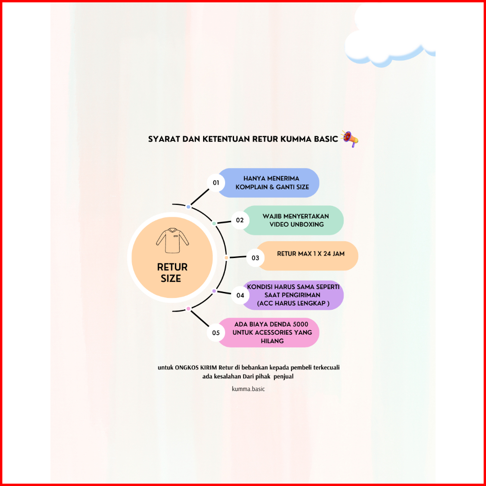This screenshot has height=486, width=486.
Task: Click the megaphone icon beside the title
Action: (x=349, y=139)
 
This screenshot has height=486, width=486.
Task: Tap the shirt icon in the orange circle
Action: (x=172, y=241)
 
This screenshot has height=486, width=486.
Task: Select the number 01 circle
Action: (x=216, y=182)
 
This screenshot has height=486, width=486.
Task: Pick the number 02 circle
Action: (x=240, y=220)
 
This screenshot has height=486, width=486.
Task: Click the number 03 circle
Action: (x=255, y=258)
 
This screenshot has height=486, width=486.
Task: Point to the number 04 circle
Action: (x=240, y=295)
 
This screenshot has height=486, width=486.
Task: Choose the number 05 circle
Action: (x=216, y=333)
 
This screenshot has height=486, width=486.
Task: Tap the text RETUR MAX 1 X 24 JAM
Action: (x=311, y=253)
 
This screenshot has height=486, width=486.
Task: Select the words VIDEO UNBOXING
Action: (x=297, y=224)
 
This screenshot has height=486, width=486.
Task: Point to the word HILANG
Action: (x=272, y=341)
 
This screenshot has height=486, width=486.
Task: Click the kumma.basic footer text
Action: (x=248, y=389)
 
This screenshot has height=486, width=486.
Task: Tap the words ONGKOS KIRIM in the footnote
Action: (x=196, y=368)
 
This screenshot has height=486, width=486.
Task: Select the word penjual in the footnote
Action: (x=283, y=376)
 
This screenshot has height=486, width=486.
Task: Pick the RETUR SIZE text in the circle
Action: (x=172, y=273)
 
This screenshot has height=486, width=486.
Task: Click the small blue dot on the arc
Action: (x=188, y=207)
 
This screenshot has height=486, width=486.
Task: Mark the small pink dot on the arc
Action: (x=188, y=309)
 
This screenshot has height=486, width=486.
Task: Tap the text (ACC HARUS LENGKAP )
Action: (x=293, y=304)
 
